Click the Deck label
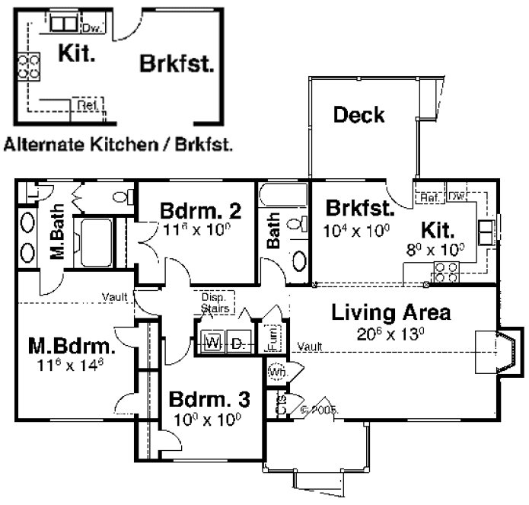(359, 116)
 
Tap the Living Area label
(390, 312)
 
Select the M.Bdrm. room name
(72, 347)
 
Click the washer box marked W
(212, 344)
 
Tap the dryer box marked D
(237, 344)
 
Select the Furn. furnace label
(272, 337)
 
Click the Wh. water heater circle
(276, 373)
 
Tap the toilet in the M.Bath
(120, 197)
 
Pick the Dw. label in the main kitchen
(457, 197)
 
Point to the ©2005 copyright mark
(319, 409)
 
